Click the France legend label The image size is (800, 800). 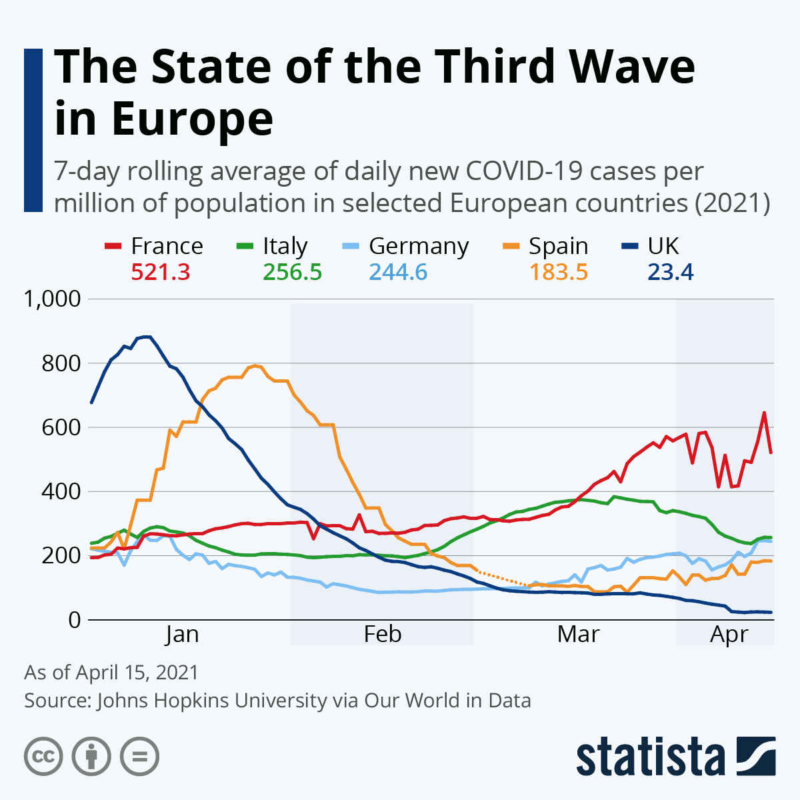(x=167, y=246)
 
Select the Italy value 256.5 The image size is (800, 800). (x=292, y=272)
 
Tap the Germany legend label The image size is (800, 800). (x=419, y=246)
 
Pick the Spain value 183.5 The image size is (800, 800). (x=558, y=272)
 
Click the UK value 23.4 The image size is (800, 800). (x=670, y=272)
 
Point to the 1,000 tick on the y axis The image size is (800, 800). (x=52, y=299)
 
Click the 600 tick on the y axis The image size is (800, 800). (x=61, y=427)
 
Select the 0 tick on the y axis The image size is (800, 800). (x=73, y=620)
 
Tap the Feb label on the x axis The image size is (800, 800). (x=382, y=634)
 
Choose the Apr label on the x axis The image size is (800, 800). (x=729, y=634)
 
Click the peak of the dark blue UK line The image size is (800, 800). (x=147, y=337)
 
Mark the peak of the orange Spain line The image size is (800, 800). (x=255, y=365)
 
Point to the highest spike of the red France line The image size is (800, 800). (x=764, y=413)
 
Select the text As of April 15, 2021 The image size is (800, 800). (x=111, y=672)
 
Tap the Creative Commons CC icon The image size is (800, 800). (x=43, y=756)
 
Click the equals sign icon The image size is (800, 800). (x=139, y=756)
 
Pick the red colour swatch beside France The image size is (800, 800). (x=113, y=246)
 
